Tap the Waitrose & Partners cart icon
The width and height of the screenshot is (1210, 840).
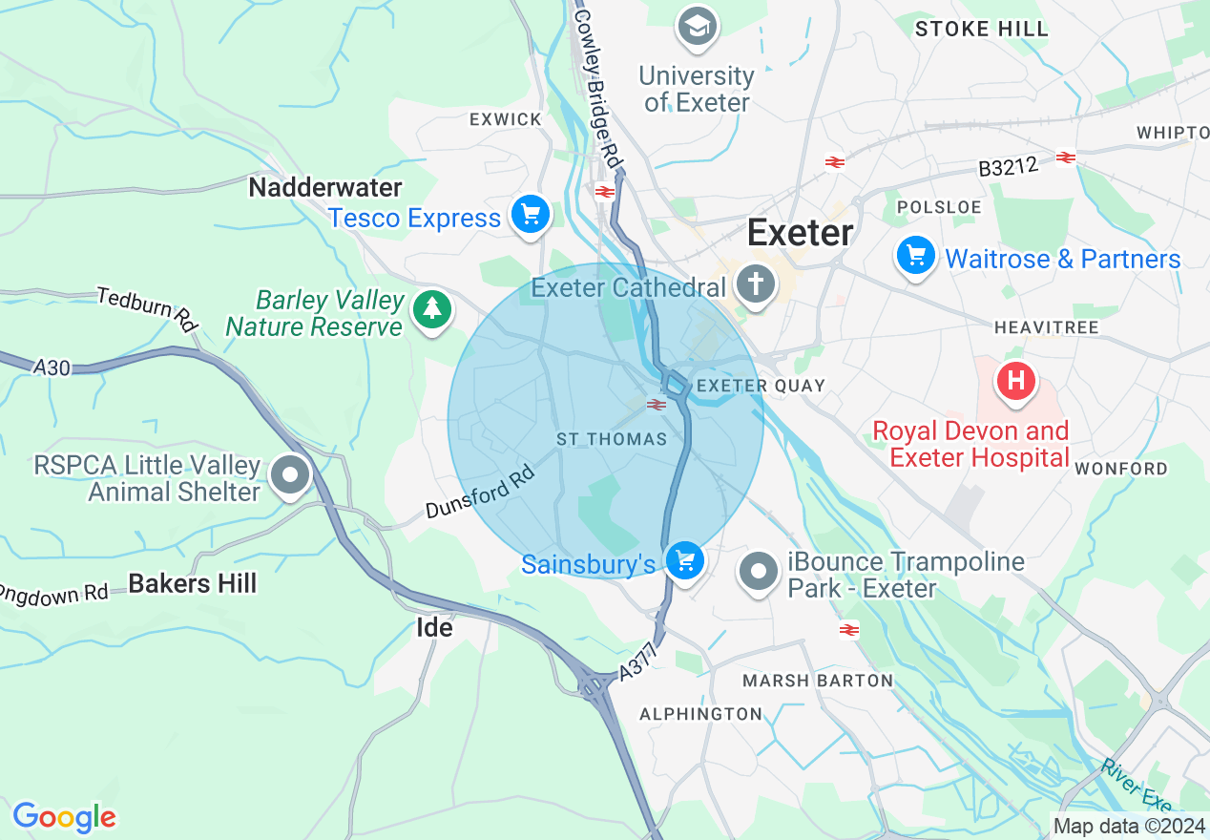[916, 257]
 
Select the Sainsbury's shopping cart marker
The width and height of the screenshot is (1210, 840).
[684, 561]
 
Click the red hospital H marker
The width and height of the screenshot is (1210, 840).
[1016, 382]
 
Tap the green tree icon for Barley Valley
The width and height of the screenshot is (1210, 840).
[432, 309]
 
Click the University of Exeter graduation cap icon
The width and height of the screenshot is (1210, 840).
[698, 28]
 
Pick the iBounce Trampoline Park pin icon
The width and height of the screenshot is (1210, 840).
[760, 572]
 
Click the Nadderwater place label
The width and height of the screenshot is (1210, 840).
[325, 187]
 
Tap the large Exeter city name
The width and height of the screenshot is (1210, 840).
[800, 232]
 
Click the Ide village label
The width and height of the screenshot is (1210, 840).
[434, 627]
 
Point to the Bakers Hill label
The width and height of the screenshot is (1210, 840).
[193, 583]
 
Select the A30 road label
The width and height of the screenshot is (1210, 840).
[52, 367]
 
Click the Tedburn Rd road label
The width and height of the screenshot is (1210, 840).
[148, 309]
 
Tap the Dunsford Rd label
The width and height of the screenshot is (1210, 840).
[479, 493]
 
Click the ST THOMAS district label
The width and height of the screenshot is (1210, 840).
[612, 439]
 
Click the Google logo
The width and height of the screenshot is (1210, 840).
[64, 816]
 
